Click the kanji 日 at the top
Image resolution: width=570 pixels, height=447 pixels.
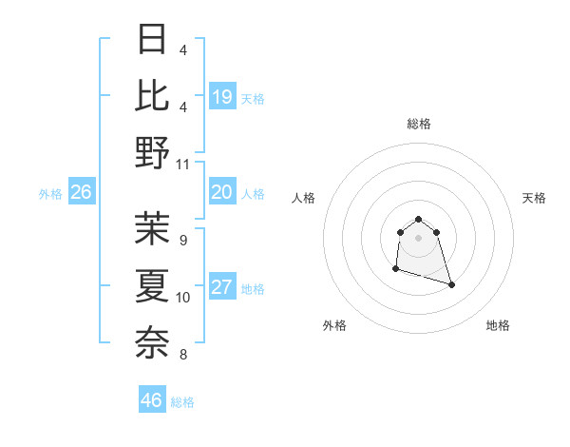click(153, 40)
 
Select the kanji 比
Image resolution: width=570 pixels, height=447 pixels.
click(153, 95)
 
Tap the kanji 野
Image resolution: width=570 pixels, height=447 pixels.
click(153, 151)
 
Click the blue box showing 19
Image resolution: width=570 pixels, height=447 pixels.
click(222, 96)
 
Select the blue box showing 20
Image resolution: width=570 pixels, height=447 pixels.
click(222, 193)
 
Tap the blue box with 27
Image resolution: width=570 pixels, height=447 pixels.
click(222, 288)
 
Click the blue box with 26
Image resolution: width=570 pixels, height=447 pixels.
click(81, 193)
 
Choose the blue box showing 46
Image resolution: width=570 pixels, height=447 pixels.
click(152, 400)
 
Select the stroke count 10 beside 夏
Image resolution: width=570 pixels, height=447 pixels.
click(183, 297)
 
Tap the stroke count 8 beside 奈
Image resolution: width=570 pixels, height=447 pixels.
click(182, 355)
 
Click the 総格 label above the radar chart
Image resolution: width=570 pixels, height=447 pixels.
click(419, 124)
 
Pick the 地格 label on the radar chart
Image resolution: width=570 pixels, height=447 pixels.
click(498, 325)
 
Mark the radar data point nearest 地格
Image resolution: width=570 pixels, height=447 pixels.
click(451, 284)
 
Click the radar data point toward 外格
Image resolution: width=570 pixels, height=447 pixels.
click(395, 269)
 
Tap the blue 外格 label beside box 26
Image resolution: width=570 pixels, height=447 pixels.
click(50, 194)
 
